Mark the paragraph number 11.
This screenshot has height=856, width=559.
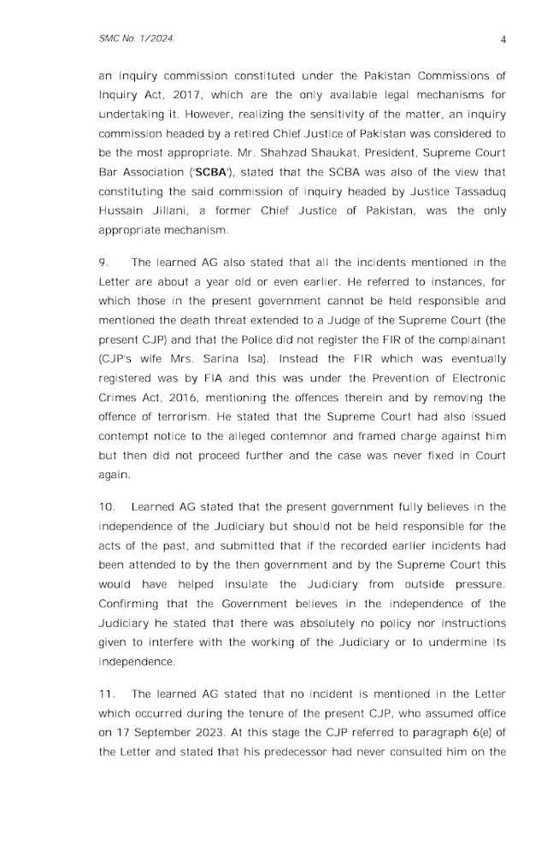[x=105, y=694]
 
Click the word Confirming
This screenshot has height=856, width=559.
[x=131, y=605]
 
